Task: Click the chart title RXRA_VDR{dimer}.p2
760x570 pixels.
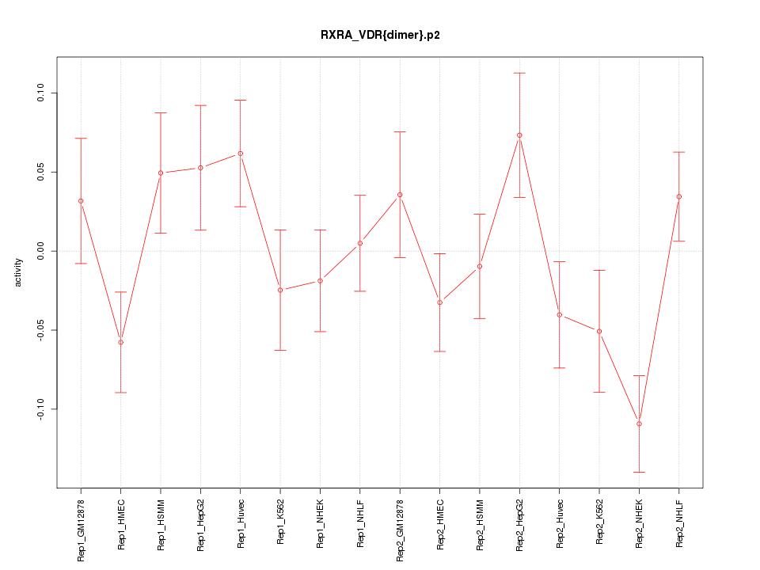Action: pos(380,35)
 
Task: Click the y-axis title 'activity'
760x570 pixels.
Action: pos(19,272)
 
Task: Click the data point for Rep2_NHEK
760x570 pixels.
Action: pos(639,424)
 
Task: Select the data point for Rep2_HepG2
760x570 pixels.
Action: pos(519,135)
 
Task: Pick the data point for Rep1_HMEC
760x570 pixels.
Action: pos(120,342)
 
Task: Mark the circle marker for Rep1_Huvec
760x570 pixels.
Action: pos(240,154)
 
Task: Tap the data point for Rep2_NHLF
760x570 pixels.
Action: pos(679,196)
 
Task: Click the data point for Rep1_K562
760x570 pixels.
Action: pos(280,290)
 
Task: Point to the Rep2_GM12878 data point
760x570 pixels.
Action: pos(400,195)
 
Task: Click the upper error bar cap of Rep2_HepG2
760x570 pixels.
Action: pos(519,73)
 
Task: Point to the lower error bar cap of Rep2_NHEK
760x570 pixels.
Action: pos(639,472)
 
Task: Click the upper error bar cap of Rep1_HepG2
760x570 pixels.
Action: pos(200,105)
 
